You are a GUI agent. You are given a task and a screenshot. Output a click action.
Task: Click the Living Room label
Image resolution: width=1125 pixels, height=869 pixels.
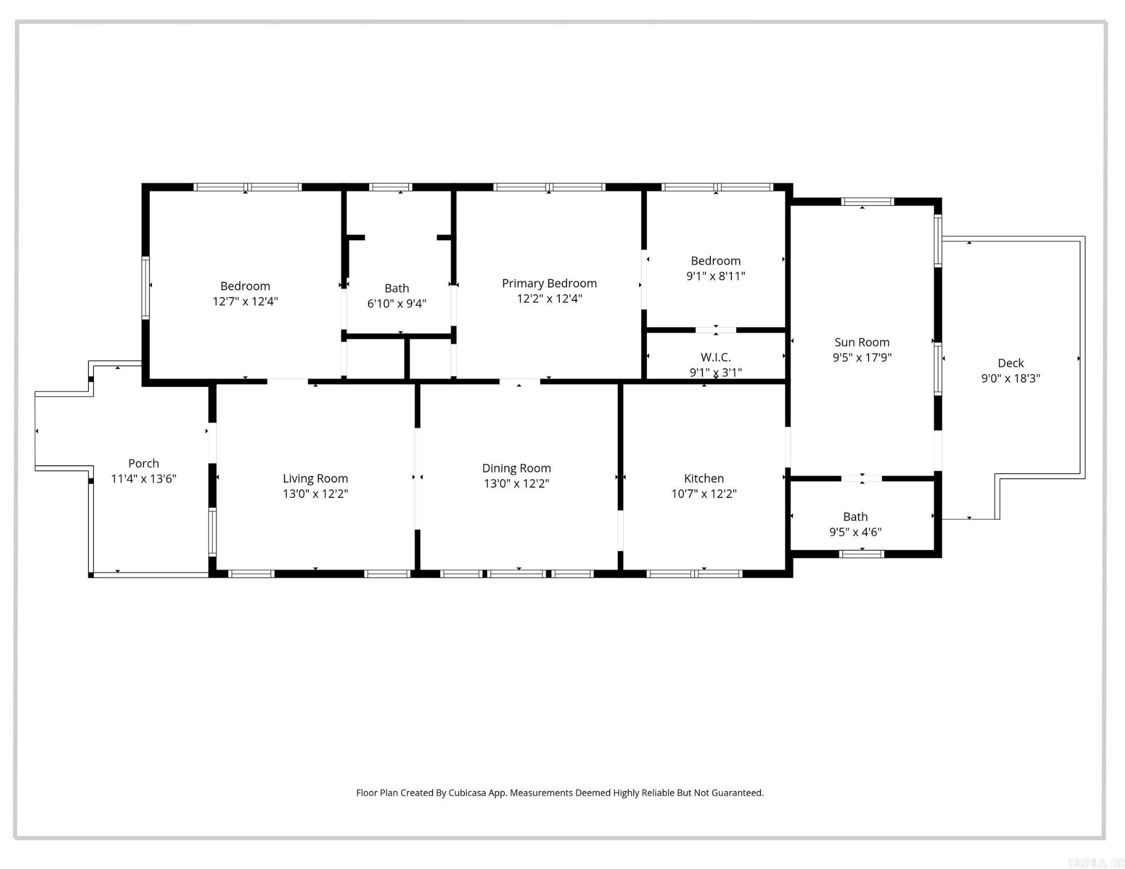pyautogui.click(x=315, y=478)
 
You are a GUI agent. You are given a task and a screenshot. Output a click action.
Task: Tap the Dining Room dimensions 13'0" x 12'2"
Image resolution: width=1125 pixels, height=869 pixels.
pyautogui.click(x=516, y=483)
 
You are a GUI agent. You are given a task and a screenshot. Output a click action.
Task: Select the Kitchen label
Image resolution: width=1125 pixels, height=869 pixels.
pyautogui.click(x=704, y=478)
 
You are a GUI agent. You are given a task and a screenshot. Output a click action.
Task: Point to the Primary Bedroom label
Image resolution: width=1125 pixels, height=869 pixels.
pyautogui.click(x=549, y=283)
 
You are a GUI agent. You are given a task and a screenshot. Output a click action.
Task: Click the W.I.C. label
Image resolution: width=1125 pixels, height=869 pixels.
pyautogui.click(x=715, y=357)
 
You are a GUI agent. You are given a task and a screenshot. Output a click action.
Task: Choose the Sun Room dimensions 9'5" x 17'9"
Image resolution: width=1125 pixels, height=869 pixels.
pyautogui.click(x=862, y=357)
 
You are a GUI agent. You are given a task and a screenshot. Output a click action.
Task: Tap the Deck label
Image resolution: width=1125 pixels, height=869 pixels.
pyautogui.click(x=1010, y=363)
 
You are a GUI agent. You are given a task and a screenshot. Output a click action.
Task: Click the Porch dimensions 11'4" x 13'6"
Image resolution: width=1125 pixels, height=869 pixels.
pyautogui.click(x=143, y=479)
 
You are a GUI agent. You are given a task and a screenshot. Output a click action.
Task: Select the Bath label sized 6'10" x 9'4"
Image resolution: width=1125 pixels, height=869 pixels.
pyautogui.click(x=397, y=288)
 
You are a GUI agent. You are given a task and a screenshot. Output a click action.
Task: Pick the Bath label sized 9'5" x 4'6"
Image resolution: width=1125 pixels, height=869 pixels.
pyautogui.click(x=855, y=516)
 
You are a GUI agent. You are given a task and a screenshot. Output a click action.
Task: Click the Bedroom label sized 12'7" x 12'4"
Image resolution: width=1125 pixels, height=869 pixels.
pyautogui.click(x=245, y=286)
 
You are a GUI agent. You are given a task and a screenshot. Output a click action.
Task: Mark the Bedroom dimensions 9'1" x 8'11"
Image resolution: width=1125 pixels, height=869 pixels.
pyautogui.click(x=715, y=276)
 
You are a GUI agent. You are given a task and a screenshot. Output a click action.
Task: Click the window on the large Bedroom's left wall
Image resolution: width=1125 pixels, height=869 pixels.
pyautogui.click(x=145, y=287)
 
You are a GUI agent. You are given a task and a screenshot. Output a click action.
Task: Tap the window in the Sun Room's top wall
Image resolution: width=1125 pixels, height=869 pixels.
pyautogui.click(x=867, y=201)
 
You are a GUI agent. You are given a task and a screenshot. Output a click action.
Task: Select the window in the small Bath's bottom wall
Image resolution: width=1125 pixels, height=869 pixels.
pyautogui.click(x=861, y=554)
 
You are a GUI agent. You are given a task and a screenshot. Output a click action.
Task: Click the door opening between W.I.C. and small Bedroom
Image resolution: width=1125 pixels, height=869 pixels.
pyautogui.click(x=715, y=330)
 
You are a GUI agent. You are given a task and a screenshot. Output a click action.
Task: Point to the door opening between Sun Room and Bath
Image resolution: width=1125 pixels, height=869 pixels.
pyautogui.click(x=861, y=479)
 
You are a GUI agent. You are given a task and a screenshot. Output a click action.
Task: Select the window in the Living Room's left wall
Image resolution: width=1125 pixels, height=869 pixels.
pyautogui.click(x=212, y=532)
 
